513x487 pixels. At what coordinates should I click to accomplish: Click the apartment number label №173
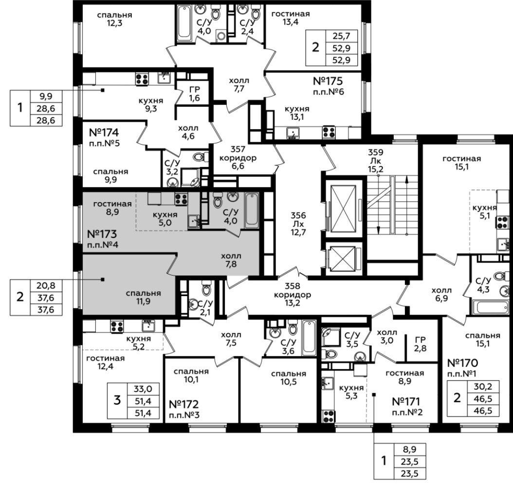pyautogui.click(x=102, y=234)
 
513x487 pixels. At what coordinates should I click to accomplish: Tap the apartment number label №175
pyautogui.click(x=328, y=81)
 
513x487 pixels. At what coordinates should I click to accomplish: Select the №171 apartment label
pyautogui.click(x=406, y=401)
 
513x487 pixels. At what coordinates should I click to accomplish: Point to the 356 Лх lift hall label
pyautogui.click(x=298, y=224)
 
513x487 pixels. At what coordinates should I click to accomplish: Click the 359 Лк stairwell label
pyautogui.click(x=376, y=161)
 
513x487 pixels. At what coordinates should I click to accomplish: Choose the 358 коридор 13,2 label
pyautogui.click(x=293, y=295)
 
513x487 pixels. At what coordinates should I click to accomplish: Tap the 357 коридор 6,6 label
pyautogui.click(x=238, y=158)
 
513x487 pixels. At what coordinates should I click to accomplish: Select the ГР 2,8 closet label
pyautogui.click(x=420, y=344)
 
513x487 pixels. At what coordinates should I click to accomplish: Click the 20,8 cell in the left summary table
pyautogui.click(x=46, y=286)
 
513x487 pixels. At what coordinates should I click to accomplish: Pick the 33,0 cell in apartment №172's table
pyautogui.click(x=143, y=389)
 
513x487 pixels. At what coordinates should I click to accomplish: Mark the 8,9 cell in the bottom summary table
pyautogui.click(x=410, y=450)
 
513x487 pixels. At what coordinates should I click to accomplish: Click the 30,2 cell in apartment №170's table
pyautogui.click(x=483, y=387)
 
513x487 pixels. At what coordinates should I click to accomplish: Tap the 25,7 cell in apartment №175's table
pyautogui.click(x=342, y=36)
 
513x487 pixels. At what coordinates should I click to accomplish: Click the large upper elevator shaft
pyautogui.click(x=343, y=208)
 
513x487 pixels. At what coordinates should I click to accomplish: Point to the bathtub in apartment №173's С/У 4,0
pyautogui.click(x=252, y=210)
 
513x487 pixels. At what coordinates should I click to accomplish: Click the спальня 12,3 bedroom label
pyautogui.click(x=114, y=19)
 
